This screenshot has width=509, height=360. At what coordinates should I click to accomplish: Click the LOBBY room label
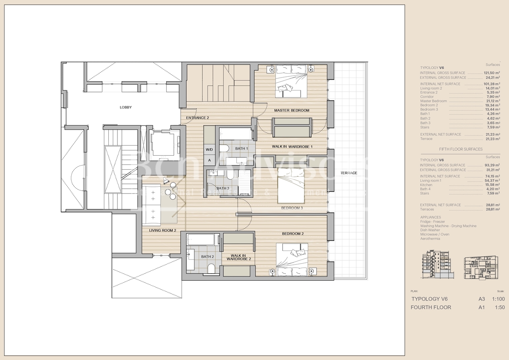[126, 107]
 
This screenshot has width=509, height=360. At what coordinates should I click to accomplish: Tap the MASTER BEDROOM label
[291, 110]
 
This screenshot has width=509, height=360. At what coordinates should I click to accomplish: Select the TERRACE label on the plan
[349, 173]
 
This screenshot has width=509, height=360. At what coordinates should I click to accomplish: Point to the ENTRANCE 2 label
[197, 118]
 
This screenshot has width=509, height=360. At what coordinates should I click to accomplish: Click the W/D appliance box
[210, 150]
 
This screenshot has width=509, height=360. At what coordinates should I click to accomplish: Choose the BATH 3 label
[223, 188]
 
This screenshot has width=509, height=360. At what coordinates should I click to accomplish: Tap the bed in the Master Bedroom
[291, 82]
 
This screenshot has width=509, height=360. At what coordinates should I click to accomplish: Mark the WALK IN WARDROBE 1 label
[292, 147]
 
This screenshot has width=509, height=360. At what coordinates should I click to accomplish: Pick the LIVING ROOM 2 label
[163, 230]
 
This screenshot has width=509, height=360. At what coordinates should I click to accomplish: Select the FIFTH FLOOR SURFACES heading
[461, 149]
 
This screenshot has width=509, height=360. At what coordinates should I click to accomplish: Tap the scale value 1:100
[498, 299]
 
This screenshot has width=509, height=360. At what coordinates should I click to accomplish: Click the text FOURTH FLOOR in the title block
[431, 308]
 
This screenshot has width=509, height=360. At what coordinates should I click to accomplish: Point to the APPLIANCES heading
[430, 217]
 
